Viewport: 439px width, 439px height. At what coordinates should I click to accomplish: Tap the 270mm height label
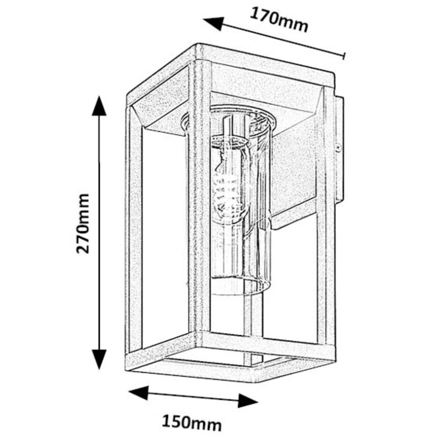[x=83, y=223]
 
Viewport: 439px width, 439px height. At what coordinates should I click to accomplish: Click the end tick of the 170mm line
[x=344, y=55]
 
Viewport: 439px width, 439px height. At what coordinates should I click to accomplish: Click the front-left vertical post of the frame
[x=133, y=232]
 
